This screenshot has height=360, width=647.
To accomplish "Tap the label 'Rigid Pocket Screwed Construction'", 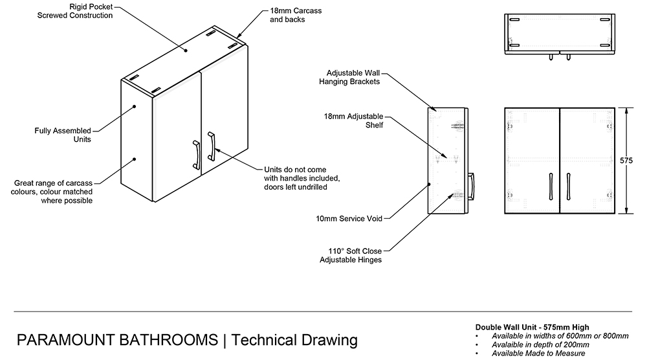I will click(x=75, y=11).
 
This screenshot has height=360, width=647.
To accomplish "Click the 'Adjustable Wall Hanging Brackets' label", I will click(x=349, y=78).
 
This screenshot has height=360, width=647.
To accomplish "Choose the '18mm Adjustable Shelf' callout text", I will click(x=354, y=120).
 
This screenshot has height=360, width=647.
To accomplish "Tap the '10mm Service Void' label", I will click(x=349, y=219).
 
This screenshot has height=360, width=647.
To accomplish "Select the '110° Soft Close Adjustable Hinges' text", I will click(x=351, y=255).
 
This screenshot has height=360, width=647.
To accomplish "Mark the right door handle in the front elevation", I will click(x=567, y=185).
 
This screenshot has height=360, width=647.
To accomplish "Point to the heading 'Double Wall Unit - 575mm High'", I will click(x=532, y=327).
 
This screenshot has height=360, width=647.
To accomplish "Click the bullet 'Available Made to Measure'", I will click(x=538, y=354).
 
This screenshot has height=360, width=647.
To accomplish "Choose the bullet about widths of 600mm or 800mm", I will click(x=560, y=336).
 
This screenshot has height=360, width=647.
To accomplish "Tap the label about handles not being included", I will click(x=302, y=178).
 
